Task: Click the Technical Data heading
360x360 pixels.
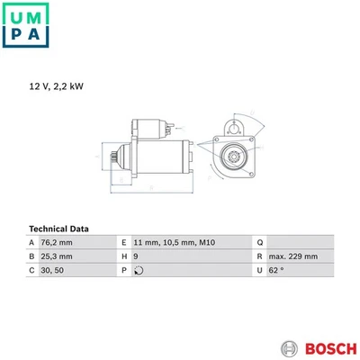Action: click(x=65, y=229)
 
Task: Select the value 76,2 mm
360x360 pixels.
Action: click(x=58, y=242)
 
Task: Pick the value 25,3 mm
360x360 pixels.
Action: click(x=58, y=256)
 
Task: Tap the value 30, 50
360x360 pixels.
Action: click(x=53, y=269)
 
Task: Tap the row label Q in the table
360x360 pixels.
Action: click(x=259, y=242)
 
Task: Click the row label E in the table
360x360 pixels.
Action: click(x=122, y=242)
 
